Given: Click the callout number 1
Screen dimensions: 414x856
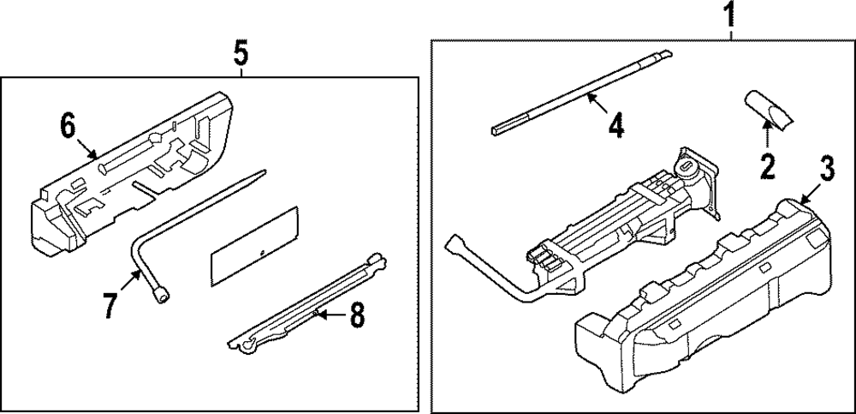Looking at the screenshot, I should (730, 15).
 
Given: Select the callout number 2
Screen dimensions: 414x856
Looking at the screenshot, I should (768, 164).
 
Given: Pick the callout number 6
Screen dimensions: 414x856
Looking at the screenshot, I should (69, 127).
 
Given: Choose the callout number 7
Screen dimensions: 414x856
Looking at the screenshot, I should (110, 306).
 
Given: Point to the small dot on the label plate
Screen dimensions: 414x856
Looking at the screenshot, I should (259, 252).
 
